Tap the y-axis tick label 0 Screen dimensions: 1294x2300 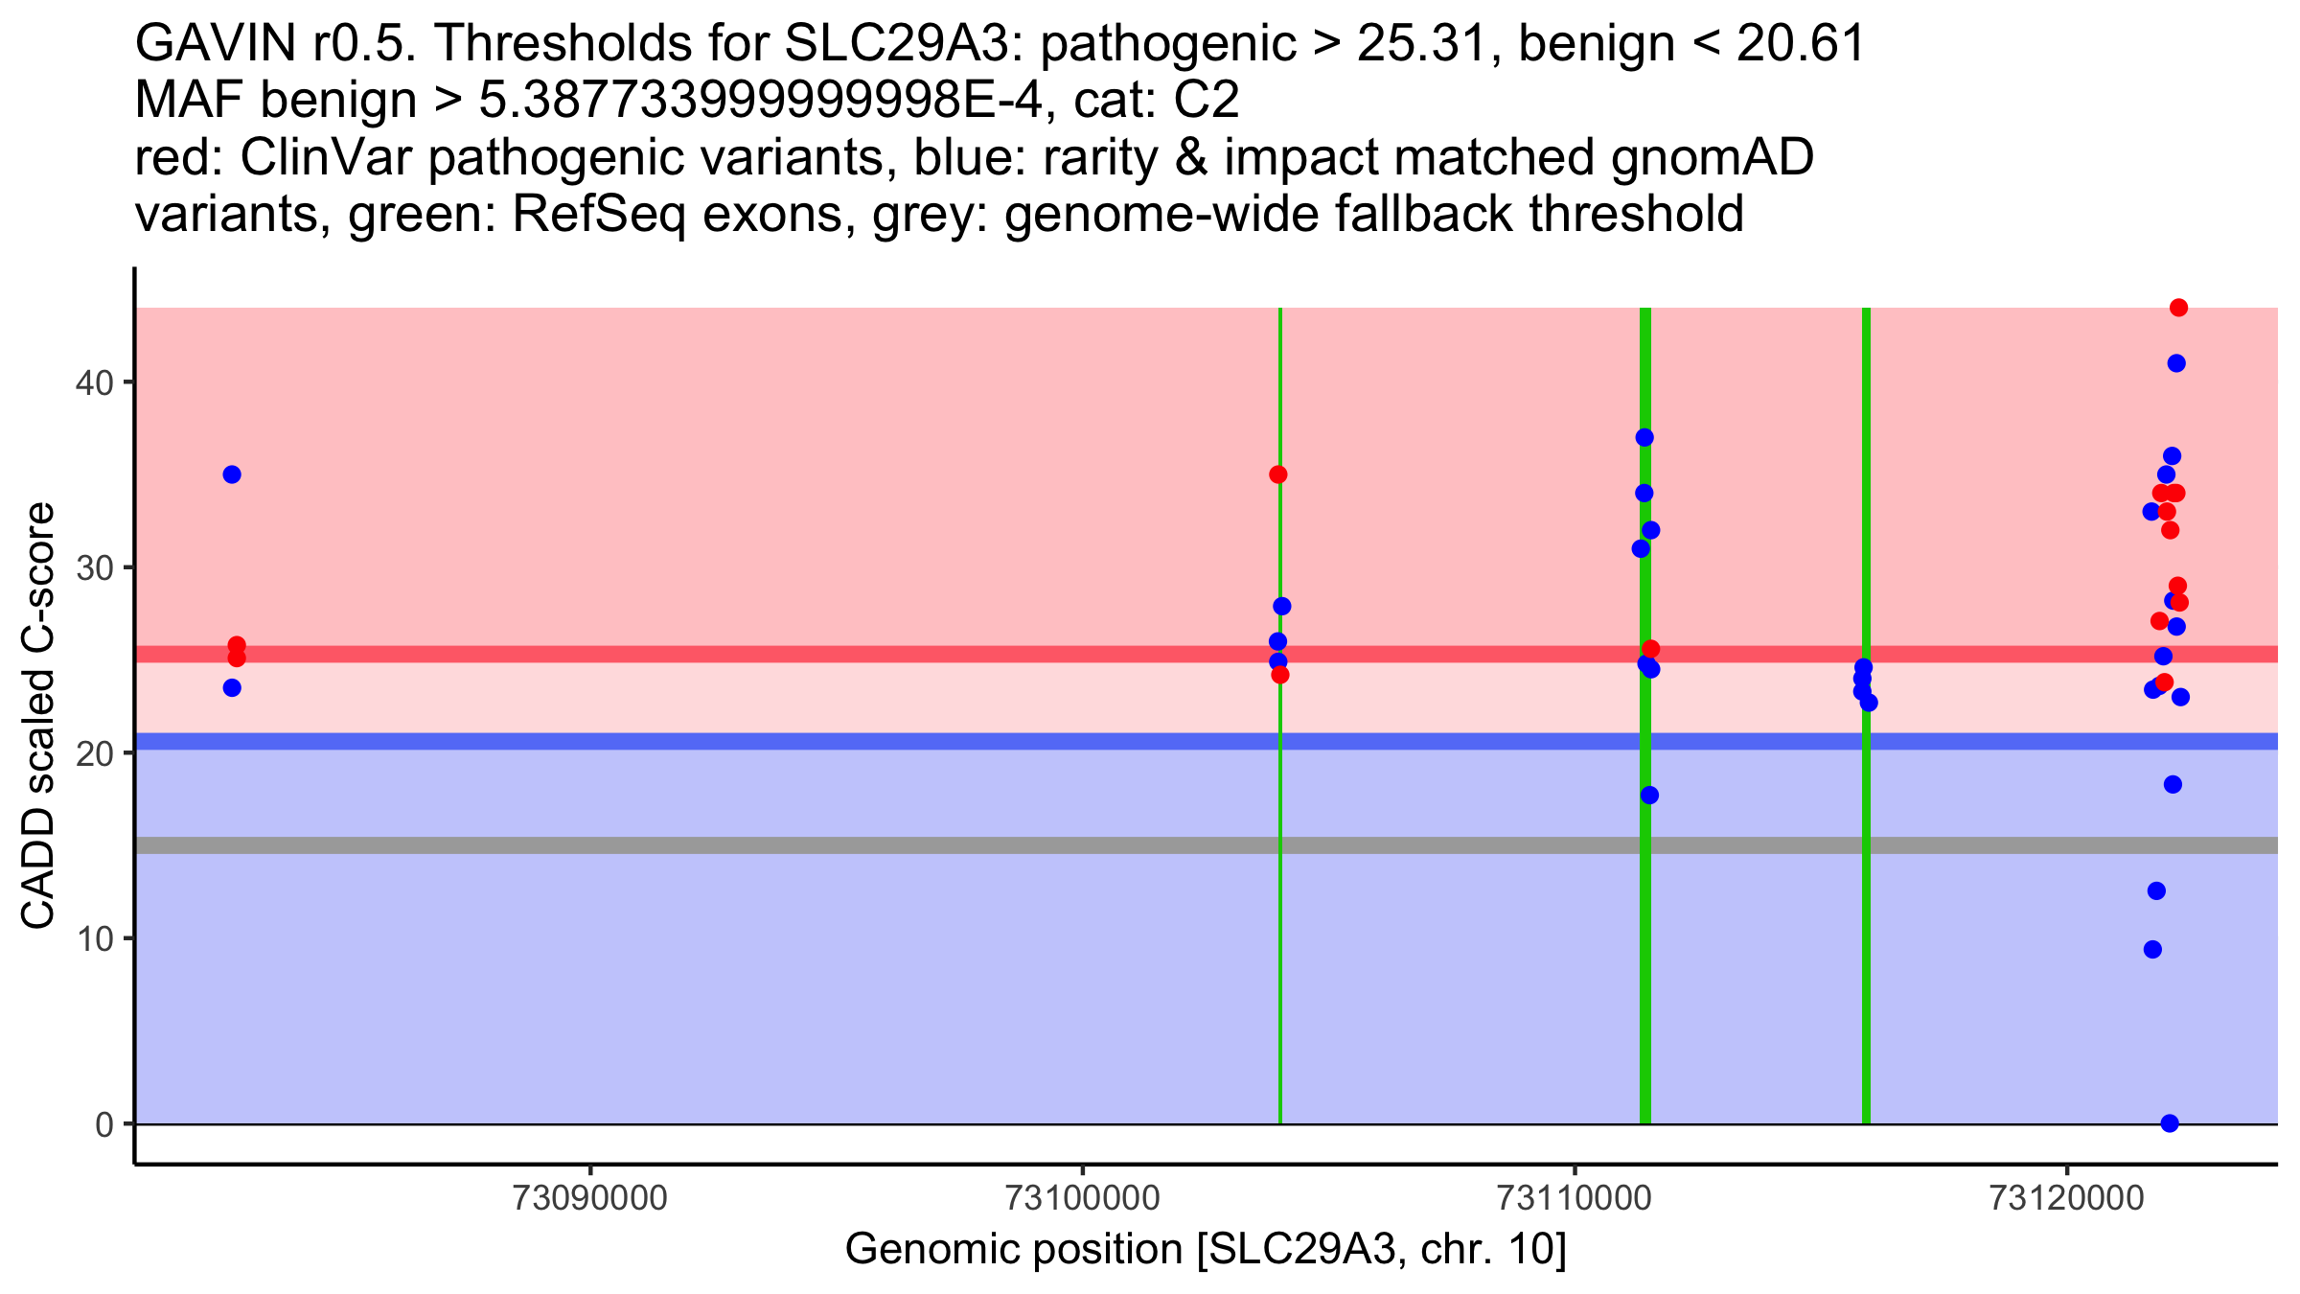(103, 1124)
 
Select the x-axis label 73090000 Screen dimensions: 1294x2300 (589, 1199)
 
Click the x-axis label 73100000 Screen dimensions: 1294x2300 (1082, 1199)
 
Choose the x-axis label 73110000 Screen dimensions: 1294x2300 (1575, 1199)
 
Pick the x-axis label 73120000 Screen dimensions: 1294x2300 (2067, 1199)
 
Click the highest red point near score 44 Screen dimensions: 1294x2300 (2178, 308)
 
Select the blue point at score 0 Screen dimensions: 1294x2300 (2170, 1123)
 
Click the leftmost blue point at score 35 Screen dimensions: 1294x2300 (232, 474)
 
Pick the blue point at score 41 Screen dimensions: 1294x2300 (2176, 363)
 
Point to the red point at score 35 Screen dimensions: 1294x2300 (1278, 474)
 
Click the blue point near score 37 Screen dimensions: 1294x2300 (1644, 437)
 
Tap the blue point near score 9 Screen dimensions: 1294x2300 (2152, 950)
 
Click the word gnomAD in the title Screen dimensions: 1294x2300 (1713, 158)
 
